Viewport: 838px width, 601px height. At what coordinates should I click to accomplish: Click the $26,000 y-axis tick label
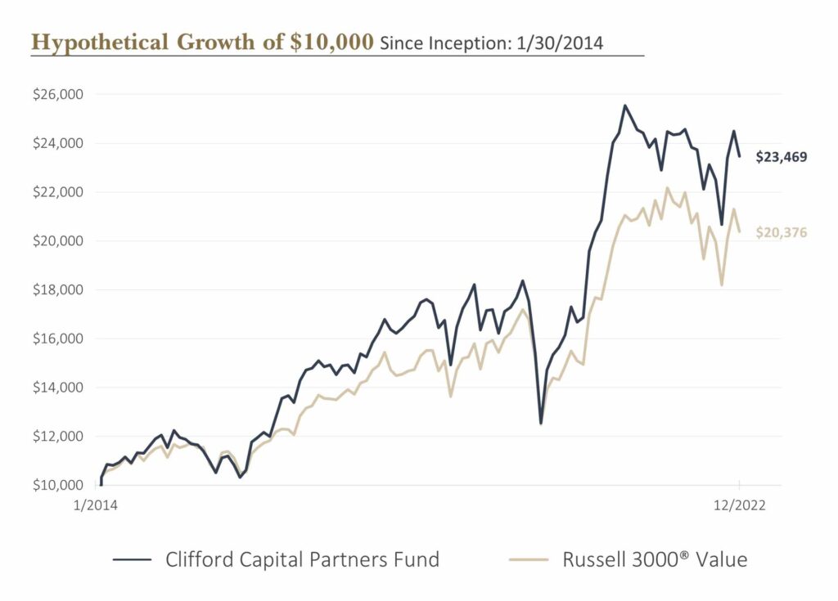59,95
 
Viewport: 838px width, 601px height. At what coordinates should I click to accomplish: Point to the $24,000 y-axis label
59,143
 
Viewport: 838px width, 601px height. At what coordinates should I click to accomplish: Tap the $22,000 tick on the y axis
59,192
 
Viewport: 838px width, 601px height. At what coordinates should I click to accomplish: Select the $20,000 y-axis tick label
59,241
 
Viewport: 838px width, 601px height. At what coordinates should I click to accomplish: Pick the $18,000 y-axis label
59,289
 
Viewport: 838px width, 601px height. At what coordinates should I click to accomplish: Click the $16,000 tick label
59,339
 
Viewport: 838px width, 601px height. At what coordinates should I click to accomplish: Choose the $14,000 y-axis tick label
59,388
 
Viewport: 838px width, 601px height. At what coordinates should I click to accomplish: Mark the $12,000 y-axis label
59,436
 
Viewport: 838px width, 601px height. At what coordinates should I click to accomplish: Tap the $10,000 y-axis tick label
59,485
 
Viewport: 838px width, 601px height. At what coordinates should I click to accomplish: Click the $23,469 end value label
781,156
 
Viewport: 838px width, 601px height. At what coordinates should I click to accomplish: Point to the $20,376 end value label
781,233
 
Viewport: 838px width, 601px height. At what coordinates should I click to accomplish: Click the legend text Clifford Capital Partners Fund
302,560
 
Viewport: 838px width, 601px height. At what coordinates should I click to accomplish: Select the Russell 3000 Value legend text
655,560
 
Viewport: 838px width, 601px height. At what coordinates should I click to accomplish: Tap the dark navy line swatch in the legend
133,560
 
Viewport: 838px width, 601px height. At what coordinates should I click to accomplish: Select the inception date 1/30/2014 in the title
560,43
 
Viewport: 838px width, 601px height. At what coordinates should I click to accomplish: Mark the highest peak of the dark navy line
625,105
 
